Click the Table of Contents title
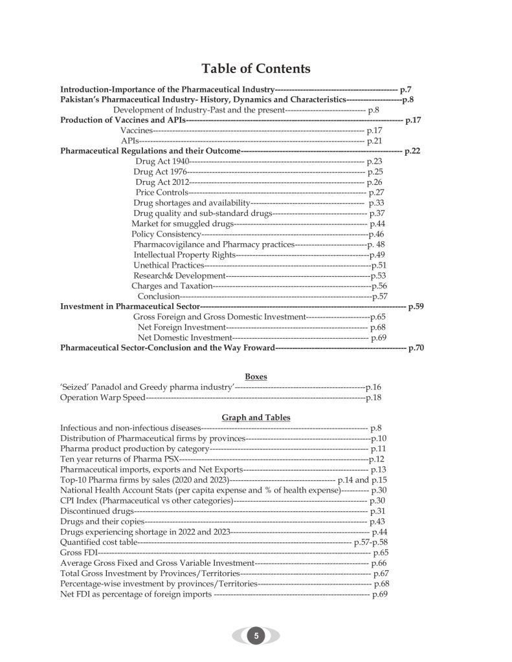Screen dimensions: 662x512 pos(256,69)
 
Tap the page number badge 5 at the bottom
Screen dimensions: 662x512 pos(256,635)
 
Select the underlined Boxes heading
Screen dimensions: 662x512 pos(256,376)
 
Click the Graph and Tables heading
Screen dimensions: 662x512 pos(256,417)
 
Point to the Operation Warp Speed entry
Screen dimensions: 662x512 pos(102,397)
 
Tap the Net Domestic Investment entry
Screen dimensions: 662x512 pos(184,337)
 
